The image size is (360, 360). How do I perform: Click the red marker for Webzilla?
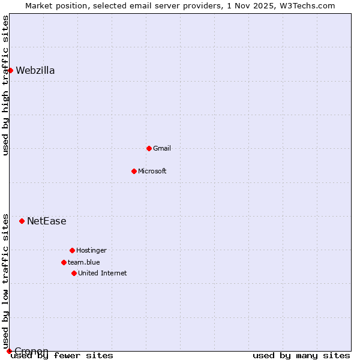[10, 70]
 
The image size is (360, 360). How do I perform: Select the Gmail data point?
[149, 148]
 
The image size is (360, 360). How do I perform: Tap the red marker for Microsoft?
[134, 171]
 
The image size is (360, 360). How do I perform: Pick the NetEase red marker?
[22, 221]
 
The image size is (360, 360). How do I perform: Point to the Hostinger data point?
[72, 250]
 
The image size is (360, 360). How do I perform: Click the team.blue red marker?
[64, 262]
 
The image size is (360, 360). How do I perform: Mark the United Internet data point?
[74, 273]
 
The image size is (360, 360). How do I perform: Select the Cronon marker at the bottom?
[9, 351]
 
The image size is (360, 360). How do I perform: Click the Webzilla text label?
[35, 71]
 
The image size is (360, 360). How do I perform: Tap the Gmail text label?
[162, 148]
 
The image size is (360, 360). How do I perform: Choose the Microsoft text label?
[152, 171]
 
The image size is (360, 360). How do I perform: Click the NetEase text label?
[47, 221]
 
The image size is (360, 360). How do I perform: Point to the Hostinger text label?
[91, 250]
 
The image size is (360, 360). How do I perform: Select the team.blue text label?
[84, 262]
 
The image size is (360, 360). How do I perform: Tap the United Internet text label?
[103, 273]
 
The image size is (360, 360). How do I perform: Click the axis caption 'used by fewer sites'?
[62, 356]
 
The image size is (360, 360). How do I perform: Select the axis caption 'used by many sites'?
[301, 356]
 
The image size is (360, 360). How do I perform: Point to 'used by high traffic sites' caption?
[5, 85]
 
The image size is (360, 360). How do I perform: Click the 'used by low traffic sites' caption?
[5, 281]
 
